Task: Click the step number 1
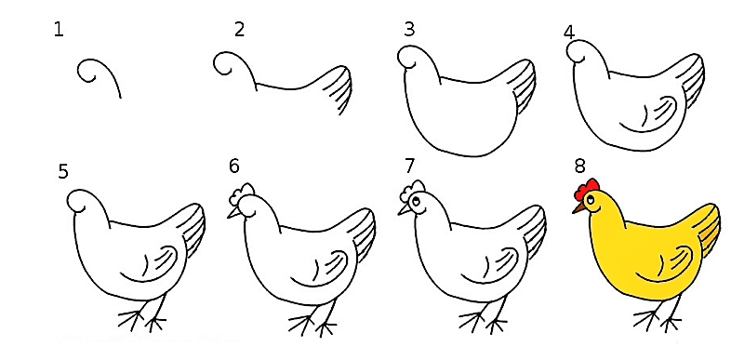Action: pyautogui.click(x=59, y=30)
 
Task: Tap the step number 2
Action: pyautogui.click(x=239, y=30)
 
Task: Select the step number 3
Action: pyautogui.click(x=409, y=30)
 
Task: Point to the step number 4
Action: pyautogui.click(x=569, y=32)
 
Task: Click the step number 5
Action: pyautogui.click(x=63, y=172)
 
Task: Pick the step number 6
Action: pyautogui.click(x=234, y=166)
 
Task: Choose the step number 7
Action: pyautogui.click(x=409, y=166)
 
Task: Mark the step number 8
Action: pyautogui.click(x=579, y=166)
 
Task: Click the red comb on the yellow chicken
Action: pyautogui.click(x=586, y=189)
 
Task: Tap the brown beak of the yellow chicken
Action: pyautogui.click(x=578, y=208)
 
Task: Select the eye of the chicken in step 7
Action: pyautogui.click(x=416, y=202)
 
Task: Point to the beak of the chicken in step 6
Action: pyautogui.click(x=234, y=213)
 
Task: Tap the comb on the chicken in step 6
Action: pyautogui.click(x=242, y=193)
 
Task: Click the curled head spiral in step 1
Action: pyautogui.click(x=88, y=70)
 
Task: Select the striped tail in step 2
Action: pyautogui.click(x=339, y=89)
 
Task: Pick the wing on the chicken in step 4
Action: pyautogui.click(x=649, y=114)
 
